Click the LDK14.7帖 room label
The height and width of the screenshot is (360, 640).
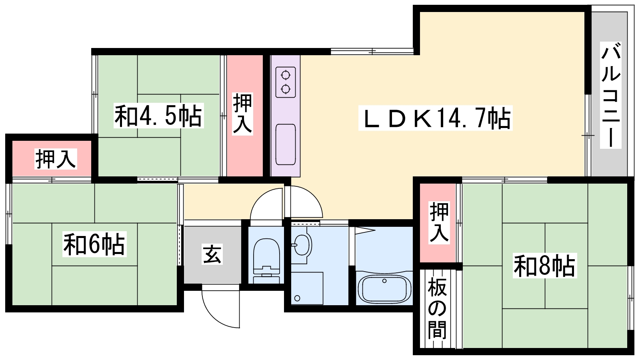tap(436, 118)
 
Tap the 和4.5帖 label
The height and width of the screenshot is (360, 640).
tap(158, 116)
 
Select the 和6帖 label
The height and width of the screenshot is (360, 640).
tap(94, 244)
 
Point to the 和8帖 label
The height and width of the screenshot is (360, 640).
tap(544, 266)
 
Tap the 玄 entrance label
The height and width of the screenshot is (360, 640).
tap(212, 254)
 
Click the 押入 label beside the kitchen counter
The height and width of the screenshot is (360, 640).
tap(243, 113)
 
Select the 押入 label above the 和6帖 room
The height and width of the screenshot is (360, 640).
tap(56, 159)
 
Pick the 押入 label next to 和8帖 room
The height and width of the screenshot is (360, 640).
tap(439, 222)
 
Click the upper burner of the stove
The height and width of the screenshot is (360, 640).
tap(286, 75)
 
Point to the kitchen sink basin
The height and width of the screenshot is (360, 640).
tap(286, 144)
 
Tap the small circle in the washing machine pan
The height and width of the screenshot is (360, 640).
tap(297, 298)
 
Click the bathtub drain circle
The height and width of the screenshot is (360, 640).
tap(384, 281)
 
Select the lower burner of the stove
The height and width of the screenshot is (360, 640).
tap(286, 88)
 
